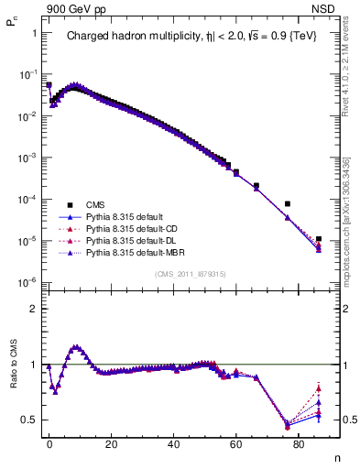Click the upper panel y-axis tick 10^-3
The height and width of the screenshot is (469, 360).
click(27, 158)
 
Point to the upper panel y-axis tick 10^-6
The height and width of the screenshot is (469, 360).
click(27, 282)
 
